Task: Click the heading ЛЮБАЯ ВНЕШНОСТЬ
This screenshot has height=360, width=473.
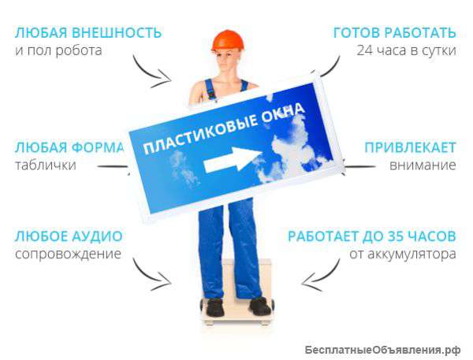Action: tap(88, 33)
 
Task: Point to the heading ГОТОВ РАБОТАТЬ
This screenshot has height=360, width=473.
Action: tap(394, 33)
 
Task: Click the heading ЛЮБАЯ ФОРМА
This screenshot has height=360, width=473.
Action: tap(69, 147)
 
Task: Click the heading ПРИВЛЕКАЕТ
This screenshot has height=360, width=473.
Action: tap(410, 147)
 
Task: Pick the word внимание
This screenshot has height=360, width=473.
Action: tap(423, 165)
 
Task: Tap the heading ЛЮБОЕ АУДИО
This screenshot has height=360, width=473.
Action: tap(68, 236)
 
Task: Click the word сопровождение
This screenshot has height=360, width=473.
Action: tap(68, 254)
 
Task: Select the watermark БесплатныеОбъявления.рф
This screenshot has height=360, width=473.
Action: tap(382, 349)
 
